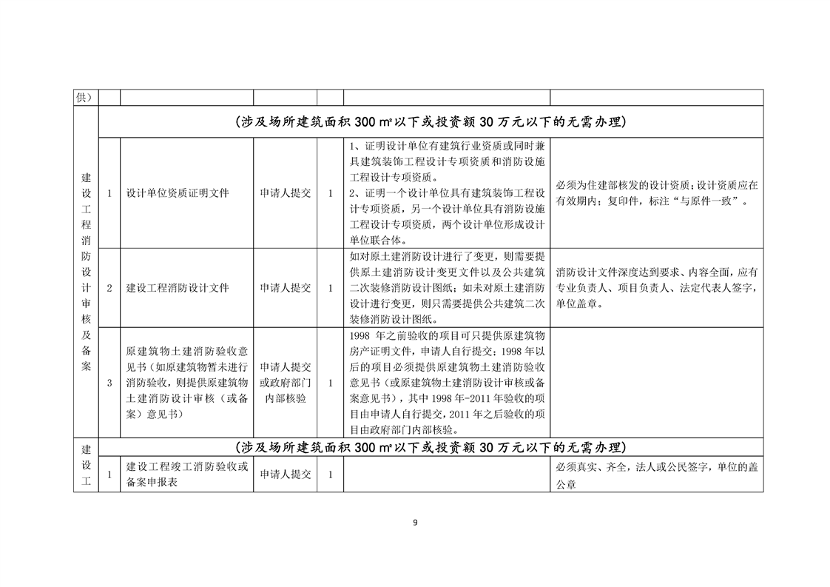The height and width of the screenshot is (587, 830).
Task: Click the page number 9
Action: (x=415, y=523)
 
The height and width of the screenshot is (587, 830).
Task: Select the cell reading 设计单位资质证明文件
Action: (x=177, y=193)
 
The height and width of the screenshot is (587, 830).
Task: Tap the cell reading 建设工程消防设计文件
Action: (x=177, y=288)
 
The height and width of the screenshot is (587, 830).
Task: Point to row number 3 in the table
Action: (x=109, y=383)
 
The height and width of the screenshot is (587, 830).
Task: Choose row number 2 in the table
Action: (x=109, y=288)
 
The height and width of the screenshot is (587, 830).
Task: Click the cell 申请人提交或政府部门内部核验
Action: (x=285, y=383)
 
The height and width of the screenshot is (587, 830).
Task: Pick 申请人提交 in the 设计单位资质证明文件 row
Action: (x=285, y=193)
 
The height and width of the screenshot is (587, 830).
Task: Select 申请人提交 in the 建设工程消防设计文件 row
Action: (x=285, y=288)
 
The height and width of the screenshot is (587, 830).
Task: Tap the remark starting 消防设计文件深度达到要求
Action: (x=656, y=288)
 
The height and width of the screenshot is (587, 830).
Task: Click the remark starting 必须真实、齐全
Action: (x=656, y=475)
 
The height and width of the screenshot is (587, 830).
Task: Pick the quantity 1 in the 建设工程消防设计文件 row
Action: (x=330, y=288)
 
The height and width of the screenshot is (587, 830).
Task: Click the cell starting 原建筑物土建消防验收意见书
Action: (x=187, y=383)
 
